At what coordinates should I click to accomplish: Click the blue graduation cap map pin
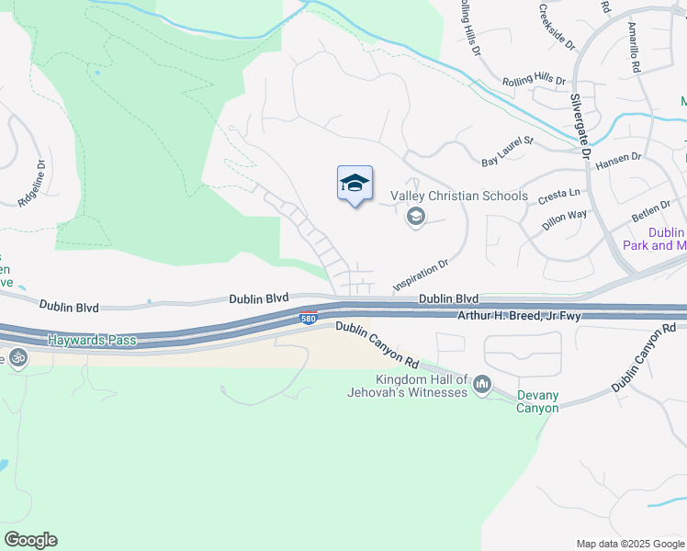tap(355, 185)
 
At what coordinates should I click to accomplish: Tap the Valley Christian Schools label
tap(459, 196)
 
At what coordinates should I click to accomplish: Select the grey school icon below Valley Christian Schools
tap(415, 217)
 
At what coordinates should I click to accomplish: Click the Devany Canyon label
tap(536, 401)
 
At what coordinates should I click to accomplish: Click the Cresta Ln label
tap(559, 196)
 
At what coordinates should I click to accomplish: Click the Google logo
tap(30, 540)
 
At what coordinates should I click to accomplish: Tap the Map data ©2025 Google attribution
tap(629, 544)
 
